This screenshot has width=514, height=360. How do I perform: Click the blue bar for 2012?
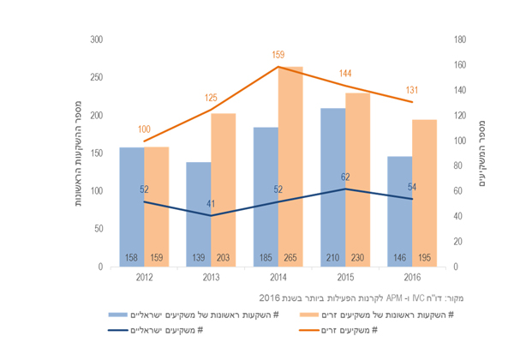point(131,206)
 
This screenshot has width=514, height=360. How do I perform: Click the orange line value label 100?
point(143,129)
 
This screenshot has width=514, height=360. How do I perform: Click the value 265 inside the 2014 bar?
point(291,257)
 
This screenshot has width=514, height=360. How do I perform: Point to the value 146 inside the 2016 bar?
point(399,257)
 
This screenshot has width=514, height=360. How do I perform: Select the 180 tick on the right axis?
point(459,39)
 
